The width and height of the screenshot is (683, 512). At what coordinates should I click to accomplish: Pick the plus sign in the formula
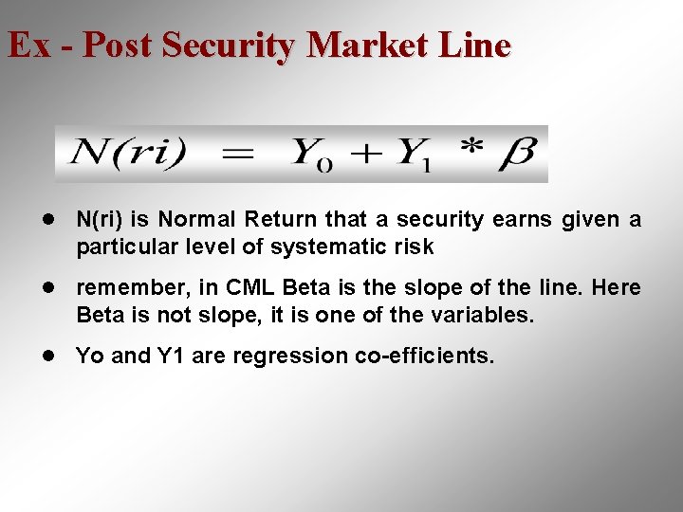point(364,154)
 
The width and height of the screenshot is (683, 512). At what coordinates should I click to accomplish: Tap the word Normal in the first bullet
point(197,220)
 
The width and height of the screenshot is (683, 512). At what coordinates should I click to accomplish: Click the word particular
point(122,247)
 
